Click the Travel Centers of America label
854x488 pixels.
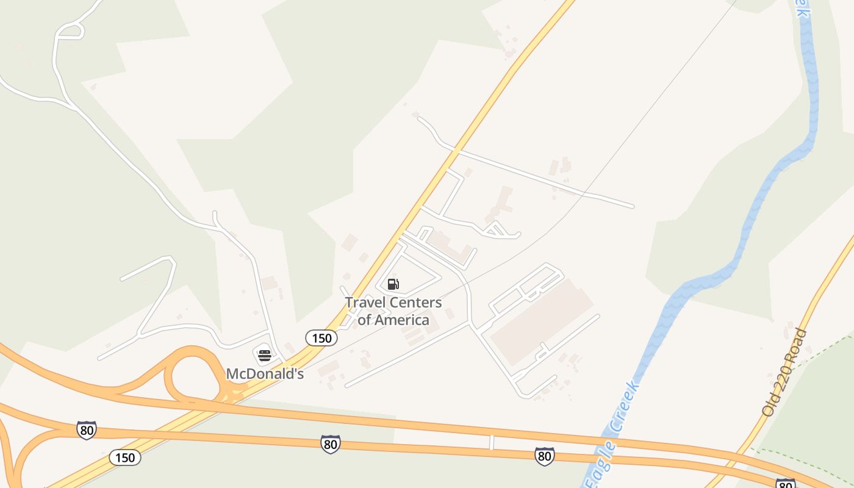pos(393,311)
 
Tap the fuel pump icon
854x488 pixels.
pos(393,284)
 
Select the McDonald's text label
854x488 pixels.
pos(265,374)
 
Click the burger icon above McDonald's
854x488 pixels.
pos(264,354)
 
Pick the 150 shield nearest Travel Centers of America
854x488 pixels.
pos(321,338)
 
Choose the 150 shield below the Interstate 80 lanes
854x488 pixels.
pos(125,457)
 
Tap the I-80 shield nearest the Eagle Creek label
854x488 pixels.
pos(544,456)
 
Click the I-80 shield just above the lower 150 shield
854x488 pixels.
pos(87,429)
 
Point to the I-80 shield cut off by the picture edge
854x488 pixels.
pos(785,484)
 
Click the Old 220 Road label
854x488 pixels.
pos(784,372)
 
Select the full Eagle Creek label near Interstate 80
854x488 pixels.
pos(612,433)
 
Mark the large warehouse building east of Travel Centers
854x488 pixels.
pos(541,322)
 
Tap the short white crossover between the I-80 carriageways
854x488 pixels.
pos(491,442)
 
